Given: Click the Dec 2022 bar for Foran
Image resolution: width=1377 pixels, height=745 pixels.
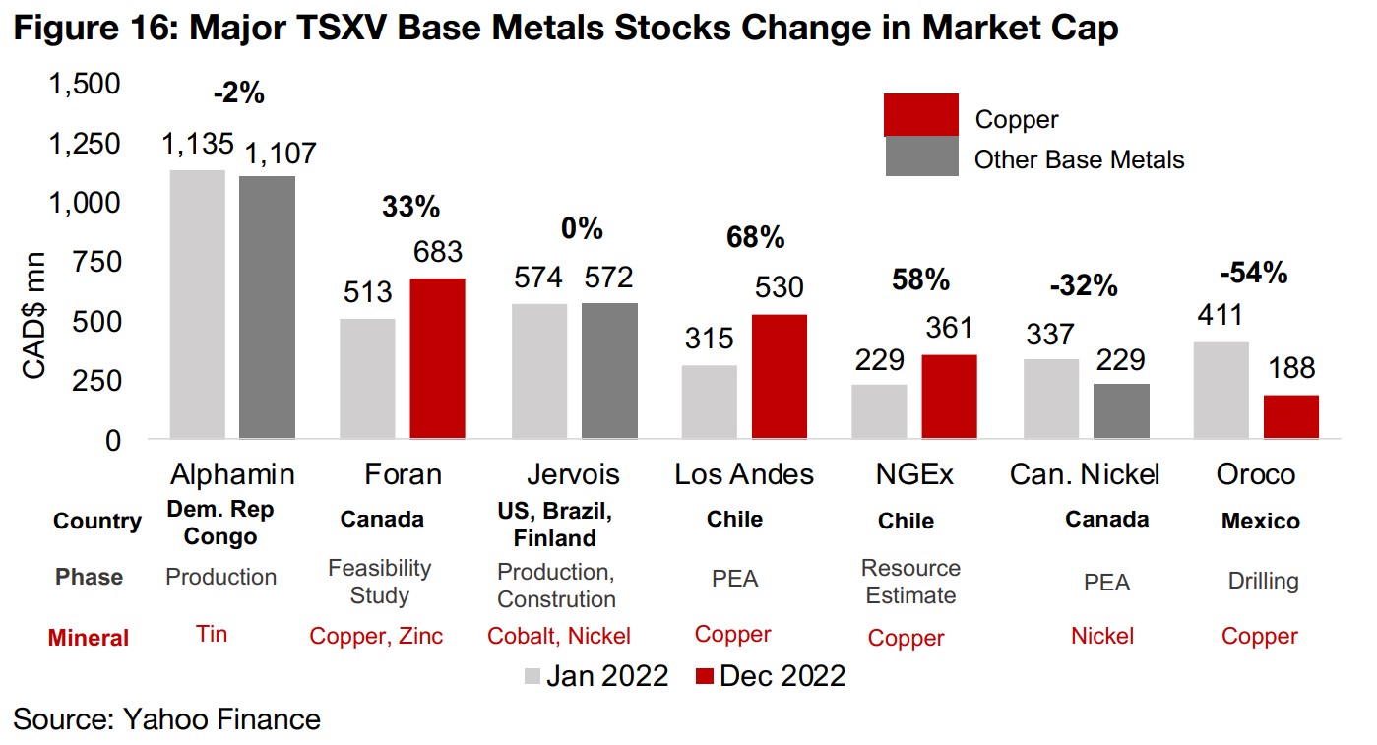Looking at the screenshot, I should coord(438,358).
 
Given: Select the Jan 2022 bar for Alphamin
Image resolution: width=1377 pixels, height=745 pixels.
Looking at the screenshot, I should coord(198,304).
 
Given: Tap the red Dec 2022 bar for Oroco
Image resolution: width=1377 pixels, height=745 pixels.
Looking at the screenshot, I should coord(1290,416).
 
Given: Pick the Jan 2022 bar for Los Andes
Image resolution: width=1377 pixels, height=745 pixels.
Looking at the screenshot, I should coord(709,402).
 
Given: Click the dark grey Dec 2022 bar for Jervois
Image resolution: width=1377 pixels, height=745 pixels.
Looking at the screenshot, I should coord(609,370).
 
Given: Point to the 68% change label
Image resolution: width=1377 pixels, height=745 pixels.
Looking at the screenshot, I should coord(756,237).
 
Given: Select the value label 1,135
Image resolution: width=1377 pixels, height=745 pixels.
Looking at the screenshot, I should coord(198,145).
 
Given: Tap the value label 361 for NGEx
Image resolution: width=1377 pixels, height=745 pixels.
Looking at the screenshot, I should coord(949,329).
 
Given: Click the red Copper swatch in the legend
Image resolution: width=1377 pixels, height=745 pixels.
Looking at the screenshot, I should coord(921,114).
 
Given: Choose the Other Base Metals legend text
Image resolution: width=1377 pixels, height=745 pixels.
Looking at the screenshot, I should coord(1079,159).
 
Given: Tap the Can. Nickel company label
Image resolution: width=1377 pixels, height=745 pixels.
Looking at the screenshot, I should coord(1085,474).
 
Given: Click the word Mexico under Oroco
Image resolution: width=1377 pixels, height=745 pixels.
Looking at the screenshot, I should coord(1260,521).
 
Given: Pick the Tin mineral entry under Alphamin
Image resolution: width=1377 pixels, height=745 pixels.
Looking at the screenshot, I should coord(212,634).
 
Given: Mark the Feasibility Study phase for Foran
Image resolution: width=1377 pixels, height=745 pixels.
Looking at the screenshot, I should coord(380,582).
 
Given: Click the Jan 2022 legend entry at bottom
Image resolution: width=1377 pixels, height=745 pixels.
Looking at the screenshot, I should coord(595,676).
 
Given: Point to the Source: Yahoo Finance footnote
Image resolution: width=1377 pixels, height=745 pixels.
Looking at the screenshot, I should coord(166,719).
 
